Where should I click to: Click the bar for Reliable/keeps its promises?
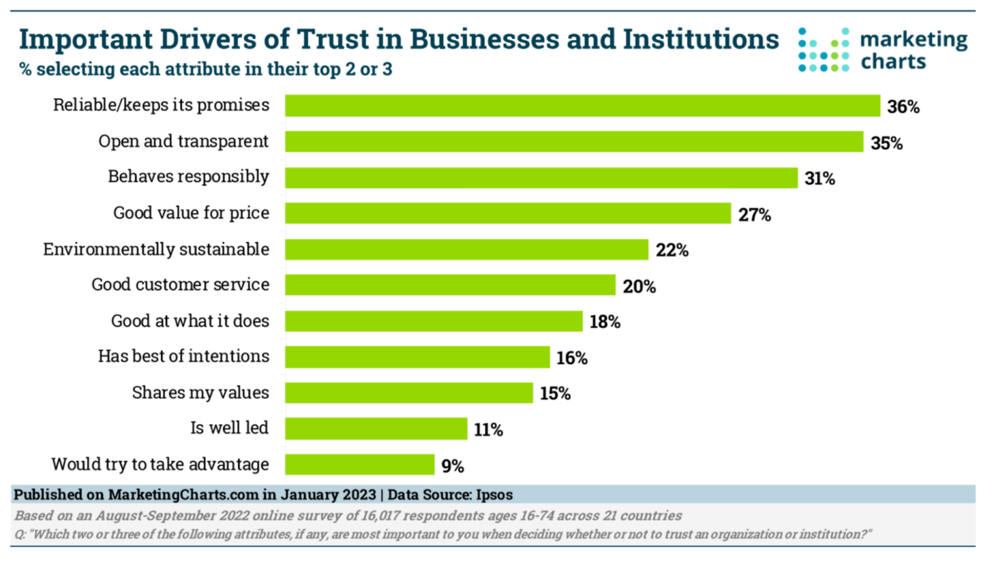[x=582, y=106]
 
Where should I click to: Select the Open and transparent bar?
[x=573, y=142]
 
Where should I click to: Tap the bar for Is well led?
[x=376, y=429]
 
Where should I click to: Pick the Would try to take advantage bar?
[x=359, y=465]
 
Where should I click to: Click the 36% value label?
[x=903, y=107]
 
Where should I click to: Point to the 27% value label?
[x=754, y=215]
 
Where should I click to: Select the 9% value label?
[x=453, y=466]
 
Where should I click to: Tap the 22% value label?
[x=672, y=251]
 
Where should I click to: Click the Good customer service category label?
[x=180, y=285]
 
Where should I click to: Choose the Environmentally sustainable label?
[x=156, y=249]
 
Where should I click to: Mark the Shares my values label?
[x=200, y=393]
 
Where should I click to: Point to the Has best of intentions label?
[x=183, y=356]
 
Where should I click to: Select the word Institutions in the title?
[x=701, y=39]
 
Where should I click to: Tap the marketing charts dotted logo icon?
[x=823, y=50]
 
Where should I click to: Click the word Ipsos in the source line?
[x=494, y=495]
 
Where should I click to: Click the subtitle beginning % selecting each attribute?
[x=205, y=69]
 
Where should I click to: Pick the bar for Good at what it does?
[x=433, y=322]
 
